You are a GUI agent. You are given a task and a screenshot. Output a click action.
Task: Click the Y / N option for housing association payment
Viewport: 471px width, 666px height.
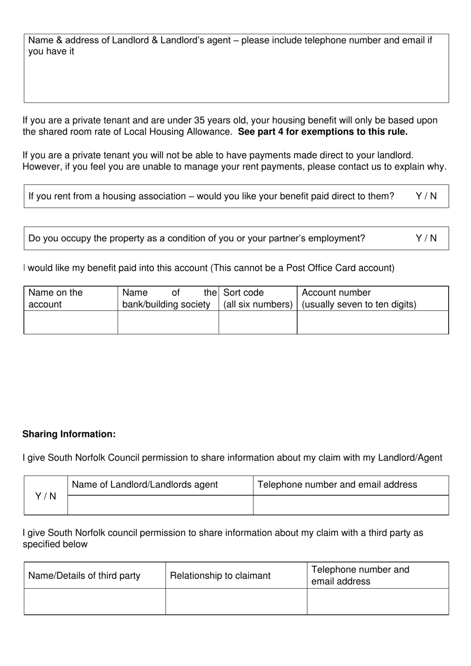coord(426,196)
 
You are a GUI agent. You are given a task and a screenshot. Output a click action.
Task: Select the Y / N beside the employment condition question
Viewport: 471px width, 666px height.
coord(426,239)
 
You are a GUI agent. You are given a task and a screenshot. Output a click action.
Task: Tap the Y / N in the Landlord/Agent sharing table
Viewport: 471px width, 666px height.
coord(46,496)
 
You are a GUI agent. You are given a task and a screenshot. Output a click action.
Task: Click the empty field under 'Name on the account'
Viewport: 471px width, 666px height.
coord(70,322)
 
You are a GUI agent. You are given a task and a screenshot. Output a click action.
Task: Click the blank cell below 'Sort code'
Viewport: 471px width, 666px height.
coord(258,322)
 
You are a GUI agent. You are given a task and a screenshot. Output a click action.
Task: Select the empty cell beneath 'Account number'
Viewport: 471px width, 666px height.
coord(372,322)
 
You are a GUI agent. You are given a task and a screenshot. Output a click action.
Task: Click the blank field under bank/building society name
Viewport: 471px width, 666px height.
coord(168,322)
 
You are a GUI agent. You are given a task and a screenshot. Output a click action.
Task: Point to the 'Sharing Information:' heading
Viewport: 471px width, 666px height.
coord(69,434)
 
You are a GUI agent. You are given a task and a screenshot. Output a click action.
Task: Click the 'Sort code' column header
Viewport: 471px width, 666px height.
coord(243,293)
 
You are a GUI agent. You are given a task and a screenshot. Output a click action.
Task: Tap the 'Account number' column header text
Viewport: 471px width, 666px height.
coord(336,293)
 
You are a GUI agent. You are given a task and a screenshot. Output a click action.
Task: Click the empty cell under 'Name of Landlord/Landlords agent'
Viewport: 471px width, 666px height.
coord(160,505)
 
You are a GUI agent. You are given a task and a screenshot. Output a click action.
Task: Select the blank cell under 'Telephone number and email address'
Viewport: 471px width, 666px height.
coord(351,505)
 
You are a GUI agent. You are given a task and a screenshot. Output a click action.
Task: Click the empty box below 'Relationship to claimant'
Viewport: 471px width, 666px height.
coord(236,602)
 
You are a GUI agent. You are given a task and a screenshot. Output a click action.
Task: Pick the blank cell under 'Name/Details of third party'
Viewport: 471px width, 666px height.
coord(94,602)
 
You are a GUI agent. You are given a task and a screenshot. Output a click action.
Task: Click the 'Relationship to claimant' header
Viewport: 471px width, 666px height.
coord(220,576)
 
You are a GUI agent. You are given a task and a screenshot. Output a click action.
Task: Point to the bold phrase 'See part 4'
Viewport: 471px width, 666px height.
coord(260,132)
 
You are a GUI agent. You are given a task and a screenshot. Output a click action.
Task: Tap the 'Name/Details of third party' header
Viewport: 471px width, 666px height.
coord(84,576)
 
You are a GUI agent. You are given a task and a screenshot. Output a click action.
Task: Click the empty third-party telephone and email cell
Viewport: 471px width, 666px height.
coord(377,602)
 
